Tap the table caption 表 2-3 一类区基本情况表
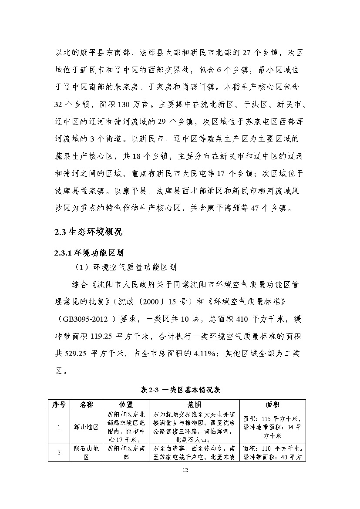(x=180, y=390)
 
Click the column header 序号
(x=59, y=405)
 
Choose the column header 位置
(x=126, y=405)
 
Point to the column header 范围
(x=195, y=405)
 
